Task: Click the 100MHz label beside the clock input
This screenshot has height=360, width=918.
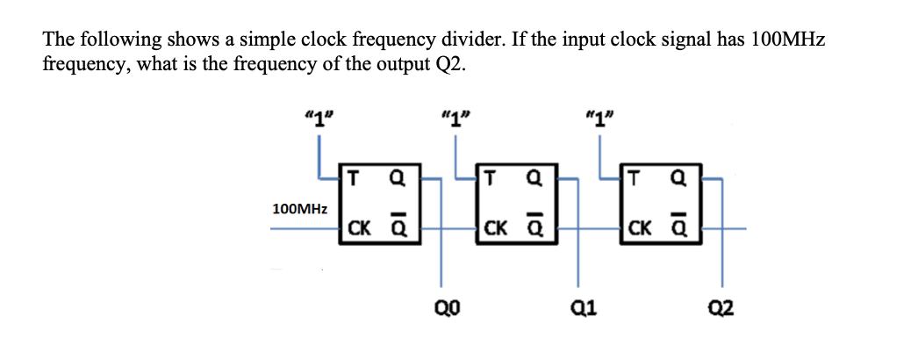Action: (300, 209)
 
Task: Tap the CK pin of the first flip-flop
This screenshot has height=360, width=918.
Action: (358, 230)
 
